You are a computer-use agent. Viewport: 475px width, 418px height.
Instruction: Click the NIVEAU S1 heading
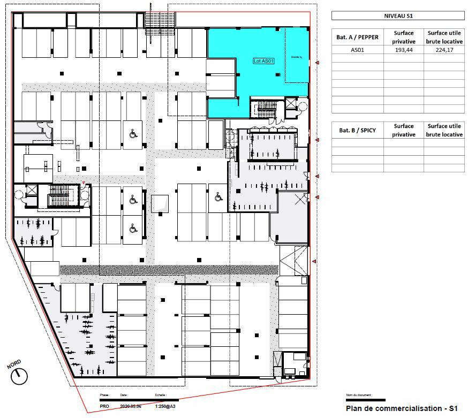point(397,16)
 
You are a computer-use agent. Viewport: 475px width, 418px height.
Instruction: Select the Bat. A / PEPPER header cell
point(357,37)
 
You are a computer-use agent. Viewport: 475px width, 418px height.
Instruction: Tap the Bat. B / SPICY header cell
point(357,130)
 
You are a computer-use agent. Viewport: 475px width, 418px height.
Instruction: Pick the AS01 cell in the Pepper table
point(357,50)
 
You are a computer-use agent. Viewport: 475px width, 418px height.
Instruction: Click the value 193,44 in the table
point(403,50)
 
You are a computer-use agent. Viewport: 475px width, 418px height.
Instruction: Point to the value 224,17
point(444,50)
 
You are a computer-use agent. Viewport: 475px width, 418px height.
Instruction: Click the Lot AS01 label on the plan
point(263,62)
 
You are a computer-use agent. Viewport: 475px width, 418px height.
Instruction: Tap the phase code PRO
point(105,407)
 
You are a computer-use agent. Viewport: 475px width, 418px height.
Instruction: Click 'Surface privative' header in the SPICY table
point(403,130)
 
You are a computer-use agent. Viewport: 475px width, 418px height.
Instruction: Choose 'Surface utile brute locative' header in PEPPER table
point(444,37)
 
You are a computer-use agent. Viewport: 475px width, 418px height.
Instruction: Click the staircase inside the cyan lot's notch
point(266,109)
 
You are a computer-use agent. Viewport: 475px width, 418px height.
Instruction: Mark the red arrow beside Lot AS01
point(318,63)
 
